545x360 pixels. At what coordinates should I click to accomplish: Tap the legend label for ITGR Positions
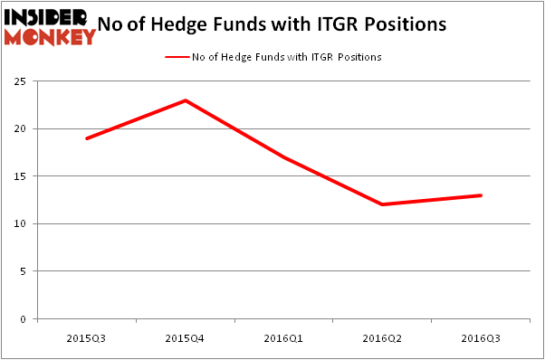[x=286, y=57]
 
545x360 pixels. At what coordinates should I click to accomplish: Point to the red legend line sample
[x=176, y=57]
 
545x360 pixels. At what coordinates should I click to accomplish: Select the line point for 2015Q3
[x=87, y=138]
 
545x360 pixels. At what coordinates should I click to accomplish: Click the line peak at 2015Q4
[x=186, y=99]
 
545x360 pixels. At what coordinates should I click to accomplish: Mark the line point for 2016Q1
[x=283, y=156]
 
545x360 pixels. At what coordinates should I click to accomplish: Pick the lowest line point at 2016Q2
[x=382, y=204]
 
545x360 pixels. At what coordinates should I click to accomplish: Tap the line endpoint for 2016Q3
[x=480, y=195]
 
